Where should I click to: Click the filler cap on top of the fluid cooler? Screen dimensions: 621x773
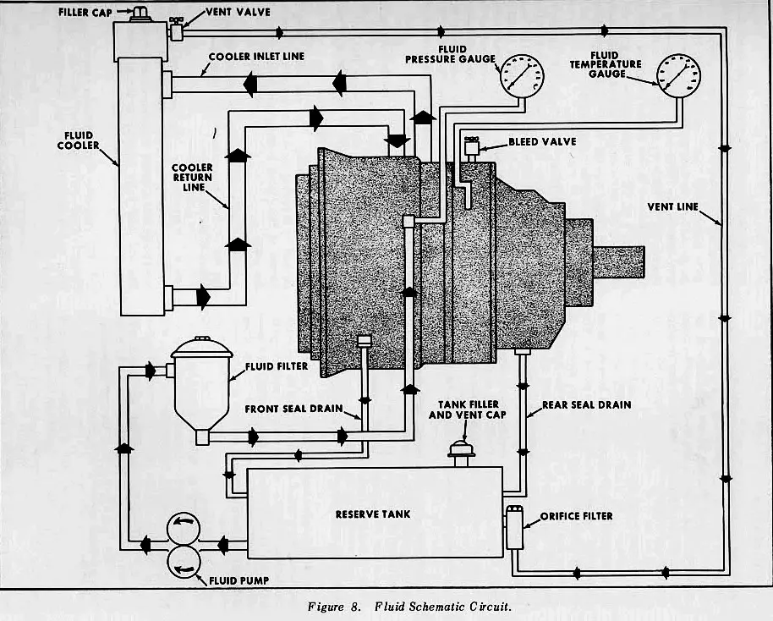[139, 14]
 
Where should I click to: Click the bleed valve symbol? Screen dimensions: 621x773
[469, 146]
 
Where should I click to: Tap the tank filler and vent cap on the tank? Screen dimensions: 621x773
[459, 450]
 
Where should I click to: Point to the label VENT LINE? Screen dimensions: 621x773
[672, 206]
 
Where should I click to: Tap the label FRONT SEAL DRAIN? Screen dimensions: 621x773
[293, 409]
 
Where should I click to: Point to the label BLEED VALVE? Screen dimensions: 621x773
[542, 141]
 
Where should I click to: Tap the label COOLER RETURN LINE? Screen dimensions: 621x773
[192, 178]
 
